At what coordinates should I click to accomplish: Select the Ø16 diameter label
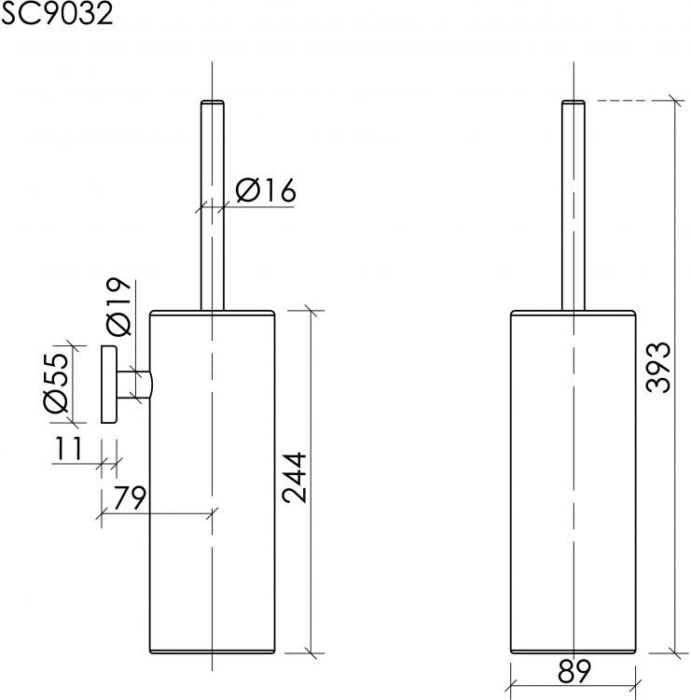pyautogui.click(x=265, y=191)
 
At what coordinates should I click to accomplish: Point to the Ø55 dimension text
pyautogui.click(x=56, y=384)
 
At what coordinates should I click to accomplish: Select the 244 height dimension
pyautogui.click(x=295, y=478)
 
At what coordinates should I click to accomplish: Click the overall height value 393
pyautogui.click(x=657, y=368)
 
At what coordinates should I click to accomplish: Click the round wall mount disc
pyautogui.click(x=107, y=384)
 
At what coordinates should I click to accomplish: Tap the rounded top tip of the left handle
pyautogui.click(x=214, y=100)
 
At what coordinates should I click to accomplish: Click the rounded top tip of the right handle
pyautogui.click(x=573, y=100)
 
